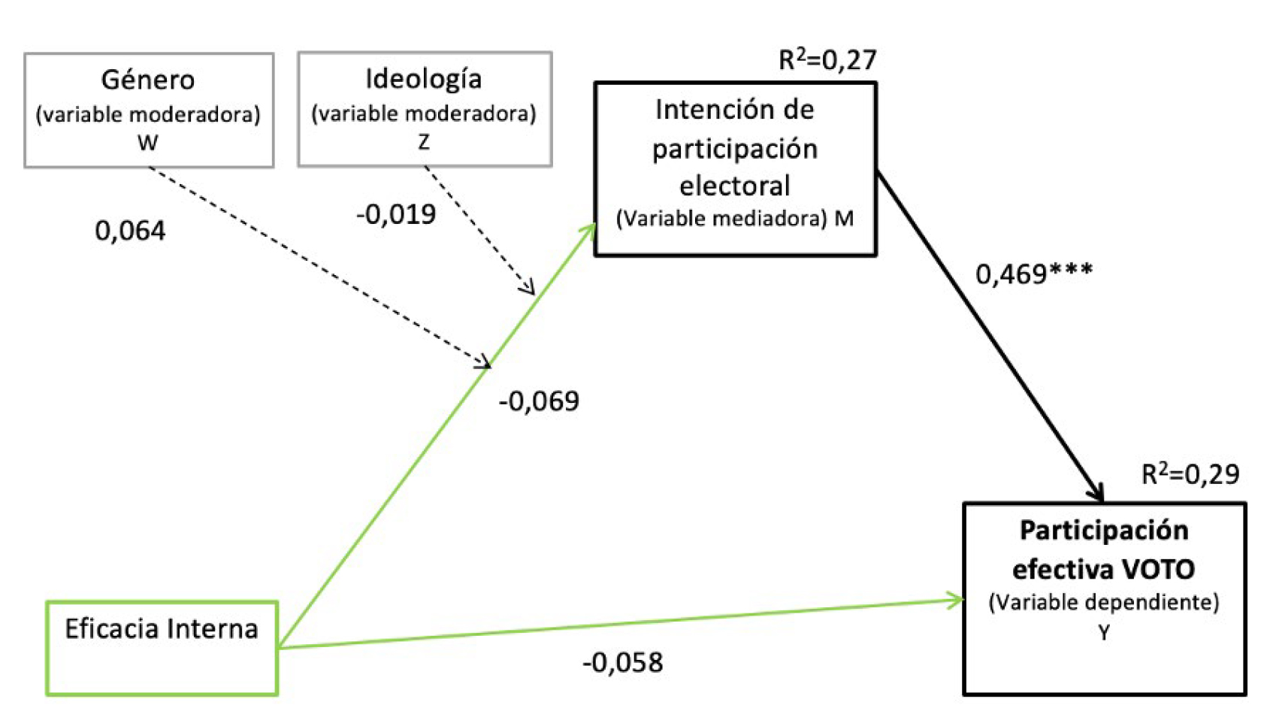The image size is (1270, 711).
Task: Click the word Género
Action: (148, 80)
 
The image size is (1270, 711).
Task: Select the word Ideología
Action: (424, 79)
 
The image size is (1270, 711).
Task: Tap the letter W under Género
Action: (148, 142)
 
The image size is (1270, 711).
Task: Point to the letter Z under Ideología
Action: (424, 141)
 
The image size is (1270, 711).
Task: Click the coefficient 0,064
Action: (130, 231)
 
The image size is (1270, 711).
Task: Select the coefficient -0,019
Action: (396, 215)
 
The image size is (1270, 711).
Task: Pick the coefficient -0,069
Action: (539, 401)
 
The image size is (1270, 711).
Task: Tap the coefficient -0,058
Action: (623, 663)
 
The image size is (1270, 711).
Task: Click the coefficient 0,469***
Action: (1034, 274)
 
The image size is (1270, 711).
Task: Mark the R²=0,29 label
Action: (1190, 474)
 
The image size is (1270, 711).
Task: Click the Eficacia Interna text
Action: (162, 629)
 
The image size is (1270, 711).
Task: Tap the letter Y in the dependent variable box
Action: (1104, 634)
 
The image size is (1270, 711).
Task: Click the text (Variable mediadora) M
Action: (735, 219)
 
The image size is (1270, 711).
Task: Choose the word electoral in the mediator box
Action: (735, 186)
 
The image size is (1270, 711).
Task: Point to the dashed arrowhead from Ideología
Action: (529, 288)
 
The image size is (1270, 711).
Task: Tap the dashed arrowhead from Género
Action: (484, 363)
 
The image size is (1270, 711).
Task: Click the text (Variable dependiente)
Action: (1104, 603)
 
